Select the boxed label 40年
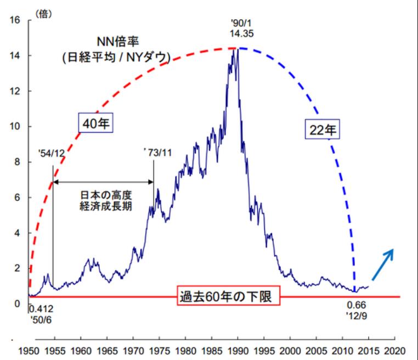tap(95, 124)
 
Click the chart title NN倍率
tap(116, 43)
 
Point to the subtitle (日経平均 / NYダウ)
tap(116, 57)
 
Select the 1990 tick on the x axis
tap(238, 350)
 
